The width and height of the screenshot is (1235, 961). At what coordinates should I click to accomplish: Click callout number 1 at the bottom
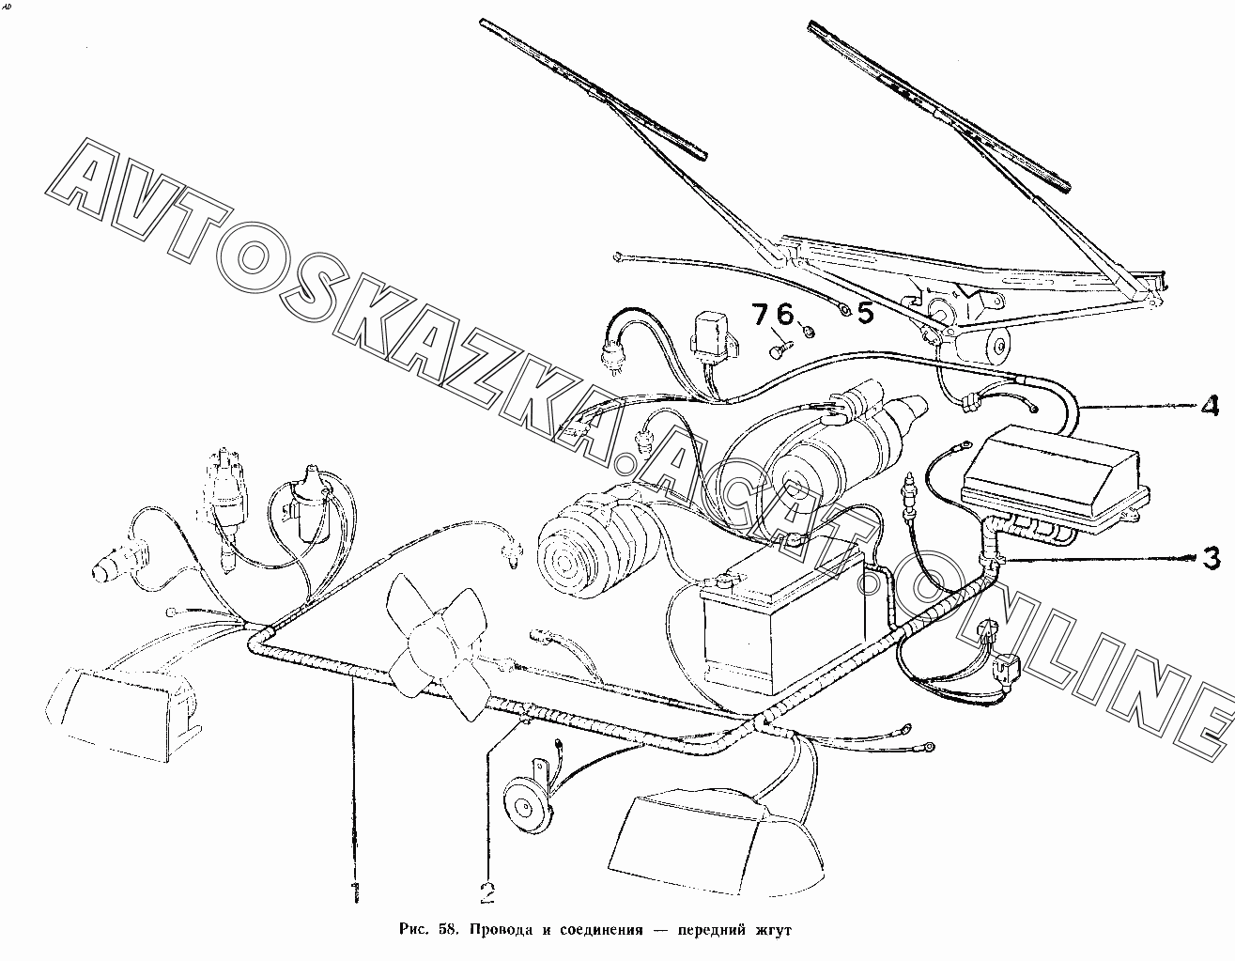(353, 891)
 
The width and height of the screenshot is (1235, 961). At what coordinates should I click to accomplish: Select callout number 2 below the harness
(487, 891)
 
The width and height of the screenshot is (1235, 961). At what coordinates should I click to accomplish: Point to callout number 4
(1209, 407)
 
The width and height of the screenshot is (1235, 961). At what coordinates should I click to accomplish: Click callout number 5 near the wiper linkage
(864, 313)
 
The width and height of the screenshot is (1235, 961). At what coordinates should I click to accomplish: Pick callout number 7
(760, 315)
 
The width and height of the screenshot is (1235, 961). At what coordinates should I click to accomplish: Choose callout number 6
(785, 315)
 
